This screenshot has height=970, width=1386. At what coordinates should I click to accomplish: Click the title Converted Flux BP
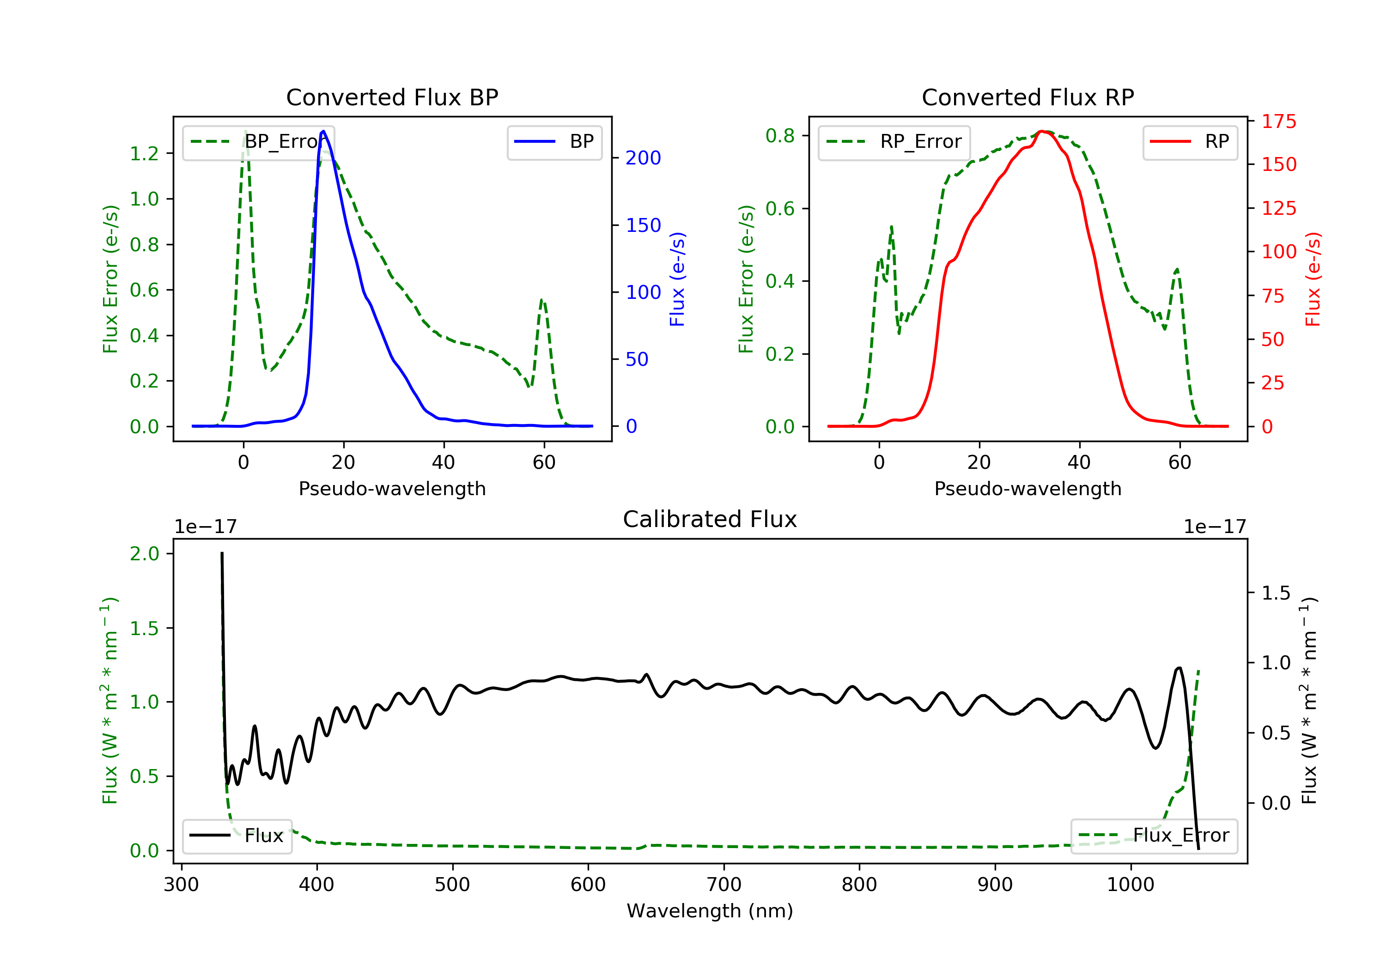(x=392, y=97)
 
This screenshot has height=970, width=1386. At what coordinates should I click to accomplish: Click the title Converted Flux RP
(x=1027, y=97)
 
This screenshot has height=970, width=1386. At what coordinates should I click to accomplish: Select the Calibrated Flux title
(x=710, y=519)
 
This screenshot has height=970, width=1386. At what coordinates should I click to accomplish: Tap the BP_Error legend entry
(x=258, y=142)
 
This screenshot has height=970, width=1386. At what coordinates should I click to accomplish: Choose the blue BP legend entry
(x=554, y=142)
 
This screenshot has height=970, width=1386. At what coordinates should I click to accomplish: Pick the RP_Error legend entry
(x=894, y=142)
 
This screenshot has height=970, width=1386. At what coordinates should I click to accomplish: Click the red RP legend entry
(x=1190, y=142)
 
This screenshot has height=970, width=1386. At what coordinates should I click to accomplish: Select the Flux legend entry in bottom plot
(x=237, y=836)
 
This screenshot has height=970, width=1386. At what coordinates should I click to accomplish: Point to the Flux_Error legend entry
(x=1154, y=836)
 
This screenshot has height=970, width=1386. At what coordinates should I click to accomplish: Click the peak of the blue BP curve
(x=323, y=131)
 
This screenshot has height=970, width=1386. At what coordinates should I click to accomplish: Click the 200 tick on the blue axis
(x=643, y=158)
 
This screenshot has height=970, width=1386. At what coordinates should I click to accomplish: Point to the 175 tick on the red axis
(x=1278, y=121)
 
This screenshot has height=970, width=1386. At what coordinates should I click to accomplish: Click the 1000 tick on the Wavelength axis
(x=1130, y=885)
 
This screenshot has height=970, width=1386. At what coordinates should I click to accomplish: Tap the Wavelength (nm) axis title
(x=710, y=911)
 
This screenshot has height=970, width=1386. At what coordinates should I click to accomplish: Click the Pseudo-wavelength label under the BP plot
(x=392, y=488)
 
